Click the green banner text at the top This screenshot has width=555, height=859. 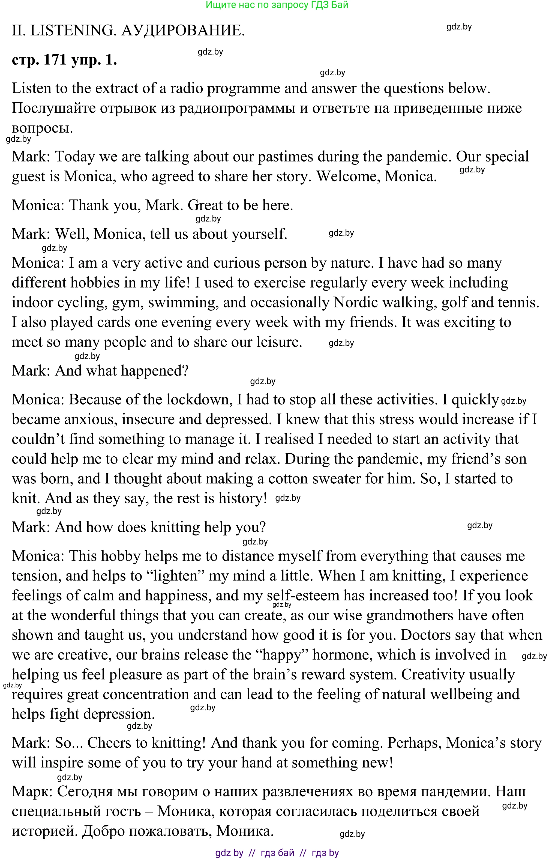(x=277, y=5)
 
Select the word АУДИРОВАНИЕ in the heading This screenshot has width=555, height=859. (x=183, y=31)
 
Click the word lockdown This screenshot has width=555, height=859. (x=197, y=399)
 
